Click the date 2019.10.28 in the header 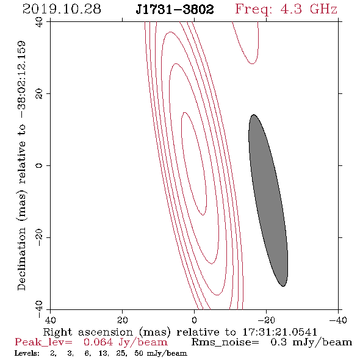point(62,9)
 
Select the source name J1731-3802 point(175,9)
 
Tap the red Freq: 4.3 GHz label point(286,10)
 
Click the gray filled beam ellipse point(268,200)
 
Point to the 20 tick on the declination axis point(39,94)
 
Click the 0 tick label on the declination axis point(39,165)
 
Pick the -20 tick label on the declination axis point(39,237)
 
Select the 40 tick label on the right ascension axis point(50,320)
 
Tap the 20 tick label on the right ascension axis point(122,320)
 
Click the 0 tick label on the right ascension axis point(194,320)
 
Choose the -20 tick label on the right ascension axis point(266,320)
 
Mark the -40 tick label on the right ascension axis point(338,320)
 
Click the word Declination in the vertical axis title point(21,259)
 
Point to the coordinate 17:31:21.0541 point(279,332)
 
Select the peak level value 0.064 point(98,342)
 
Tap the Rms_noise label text point(225,342)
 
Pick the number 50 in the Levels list point(139,353)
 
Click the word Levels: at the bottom point(27,353)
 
